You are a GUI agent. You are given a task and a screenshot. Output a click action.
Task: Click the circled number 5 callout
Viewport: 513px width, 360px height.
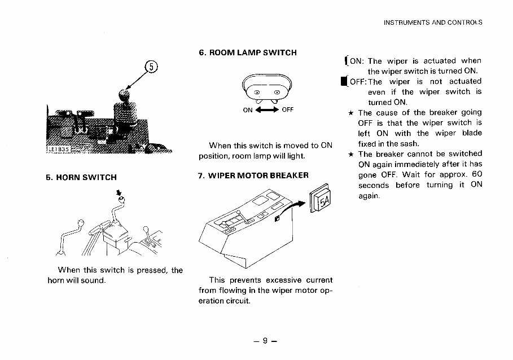[151, 67]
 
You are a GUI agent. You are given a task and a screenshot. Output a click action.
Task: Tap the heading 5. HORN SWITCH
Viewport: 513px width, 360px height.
[81, 177]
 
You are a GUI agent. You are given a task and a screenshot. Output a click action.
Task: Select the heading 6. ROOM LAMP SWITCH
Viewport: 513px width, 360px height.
[248, 52]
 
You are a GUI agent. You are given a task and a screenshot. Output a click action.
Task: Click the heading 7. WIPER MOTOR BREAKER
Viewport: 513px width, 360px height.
[253, 175]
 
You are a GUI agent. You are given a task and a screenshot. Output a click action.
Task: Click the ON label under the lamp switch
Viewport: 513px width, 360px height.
[248, 110]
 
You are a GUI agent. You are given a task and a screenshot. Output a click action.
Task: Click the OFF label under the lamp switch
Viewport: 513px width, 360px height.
[287, 110]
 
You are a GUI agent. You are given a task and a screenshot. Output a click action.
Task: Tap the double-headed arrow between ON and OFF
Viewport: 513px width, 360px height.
[267, 110]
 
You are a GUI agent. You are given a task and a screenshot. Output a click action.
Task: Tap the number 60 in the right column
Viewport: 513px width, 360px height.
[477, 174]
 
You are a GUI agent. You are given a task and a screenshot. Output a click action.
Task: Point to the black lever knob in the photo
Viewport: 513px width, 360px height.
[124, 94]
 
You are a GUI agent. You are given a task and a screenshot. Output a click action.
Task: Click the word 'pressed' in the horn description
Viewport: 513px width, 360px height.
[149, 270]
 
